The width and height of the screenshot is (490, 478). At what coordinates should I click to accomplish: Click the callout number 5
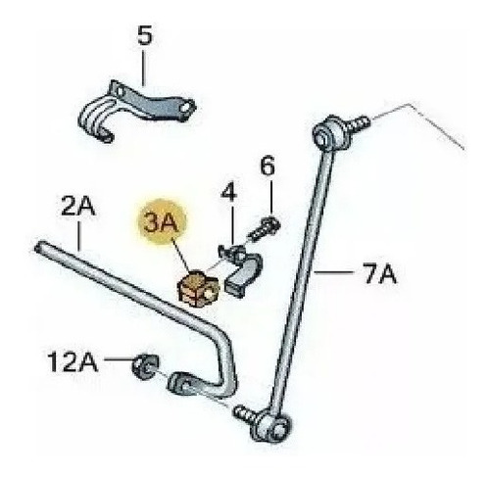click(x=145, y=35)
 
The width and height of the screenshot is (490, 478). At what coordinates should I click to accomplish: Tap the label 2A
click(x=78, y=206)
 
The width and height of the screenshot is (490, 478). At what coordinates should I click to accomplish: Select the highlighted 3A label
click(x=162, y=222)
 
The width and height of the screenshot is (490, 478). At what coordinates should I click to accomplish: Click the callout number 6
click(x=268, y=166)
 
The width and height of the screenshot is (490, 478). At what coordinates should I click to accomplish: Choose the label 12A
click(x=73, y=362)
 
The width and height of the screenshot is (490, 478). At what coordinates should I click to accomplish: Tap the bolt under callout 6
click(x=265, y=228)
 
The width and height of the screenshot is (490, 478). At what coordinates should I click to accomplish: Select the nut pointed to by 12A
click(x=145, y=366)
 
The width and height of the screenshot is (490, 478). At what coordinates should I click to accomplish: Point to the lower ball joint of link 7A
click(x=270, y=426)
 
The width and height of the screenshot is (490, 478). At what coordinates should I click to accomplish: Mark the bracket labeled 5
click(x=136, y=111)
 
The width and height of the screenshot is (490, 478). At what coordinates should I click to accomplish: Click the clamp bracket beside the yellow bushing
click(x=243, y=270)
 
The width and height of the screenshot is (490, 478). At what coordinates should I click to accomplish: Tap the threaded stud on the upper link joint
click(x=361, y=122)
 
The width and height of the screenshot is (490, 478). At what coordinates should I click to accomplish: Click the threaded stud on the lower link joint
click(x=246, y=413)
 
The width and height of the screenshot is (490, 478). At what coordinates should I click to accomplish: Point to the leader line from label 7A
click(x=334, y=272)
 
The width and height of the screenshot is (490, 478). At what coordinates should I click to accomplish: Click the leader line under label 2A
click(x=78, y=236)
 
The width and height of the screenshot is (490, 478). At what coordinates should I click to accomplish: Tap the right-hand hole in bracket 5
click(x=187, y=108)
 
